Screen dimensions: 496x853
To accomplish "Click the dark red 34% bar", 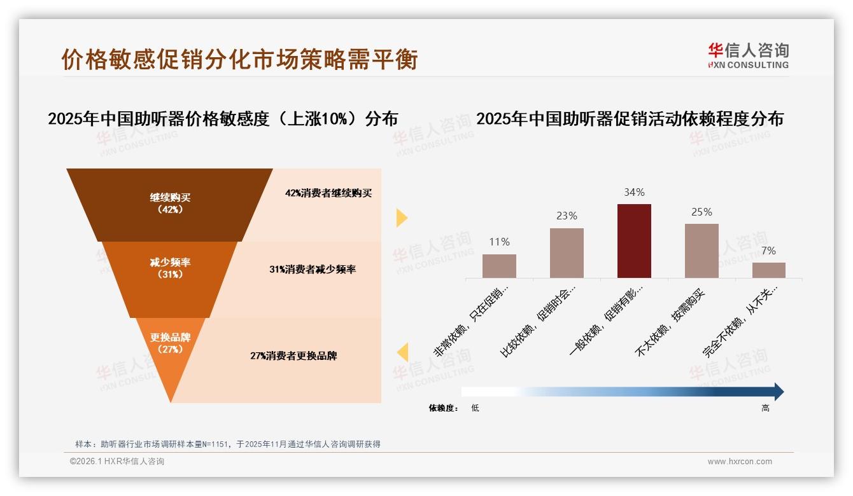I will [634, 241].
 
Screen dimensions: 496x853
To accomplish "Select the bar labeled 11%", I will [499, 266].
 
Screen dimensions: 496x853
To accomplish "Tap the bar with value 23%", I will [567, 253].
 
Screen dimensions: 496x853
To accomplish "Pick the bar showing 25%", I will [701, 251].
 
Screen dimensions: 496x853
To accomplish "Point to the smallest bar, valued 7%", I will [768, 270].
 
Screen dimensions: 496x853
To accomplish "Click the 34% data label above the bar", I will [634, 192].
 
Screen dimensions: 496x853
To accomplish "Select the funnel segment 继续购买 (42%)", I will [170, 203].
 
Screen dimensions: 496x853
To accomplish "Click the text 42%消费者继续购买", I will [328, 193].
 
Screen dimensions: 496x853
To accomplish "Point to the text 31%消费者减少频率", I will [312, 270].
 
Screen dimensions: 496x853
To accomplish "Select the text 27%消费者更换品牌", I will [293, 356].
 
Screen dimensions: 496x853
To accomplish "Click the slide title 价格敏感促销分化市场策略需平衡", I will [239, 59].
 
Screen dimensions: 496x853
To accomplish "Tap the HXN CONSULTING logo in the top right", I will [748, 56].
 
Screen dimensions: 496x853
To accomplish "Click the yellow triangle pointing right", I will [401, 217].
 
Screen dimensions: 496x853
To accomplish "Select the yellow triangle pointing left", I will [402, 352].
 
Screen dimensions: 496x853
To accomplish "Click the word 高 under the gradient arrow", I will [765, 408].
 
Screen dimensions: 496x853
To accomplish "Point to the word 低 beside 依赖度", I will [475, 408].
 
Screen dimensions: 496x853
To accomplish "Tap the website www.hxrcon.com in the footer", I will [740, 462].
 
